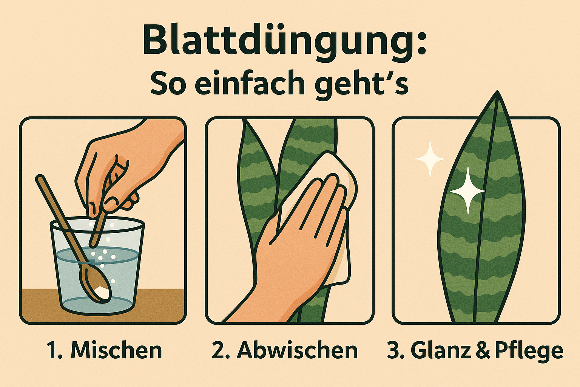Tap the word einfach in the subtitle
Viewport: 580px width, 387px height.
(250, 82)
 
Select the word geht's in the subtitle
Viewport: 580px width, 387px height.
(362, 85)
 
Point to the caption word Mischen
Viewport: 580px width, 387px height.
(116, 350)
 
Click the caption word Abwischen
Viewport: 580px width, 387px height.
(297, 350)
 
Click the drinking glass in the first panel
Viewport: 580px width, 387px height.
(97, 266)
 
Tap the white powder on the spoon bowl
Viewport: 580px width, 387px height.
(102, 293)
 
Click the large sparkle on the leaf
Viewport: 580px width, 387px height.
(467, 191)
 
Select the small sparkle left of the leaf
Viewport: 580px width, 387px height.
(430, 159)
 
